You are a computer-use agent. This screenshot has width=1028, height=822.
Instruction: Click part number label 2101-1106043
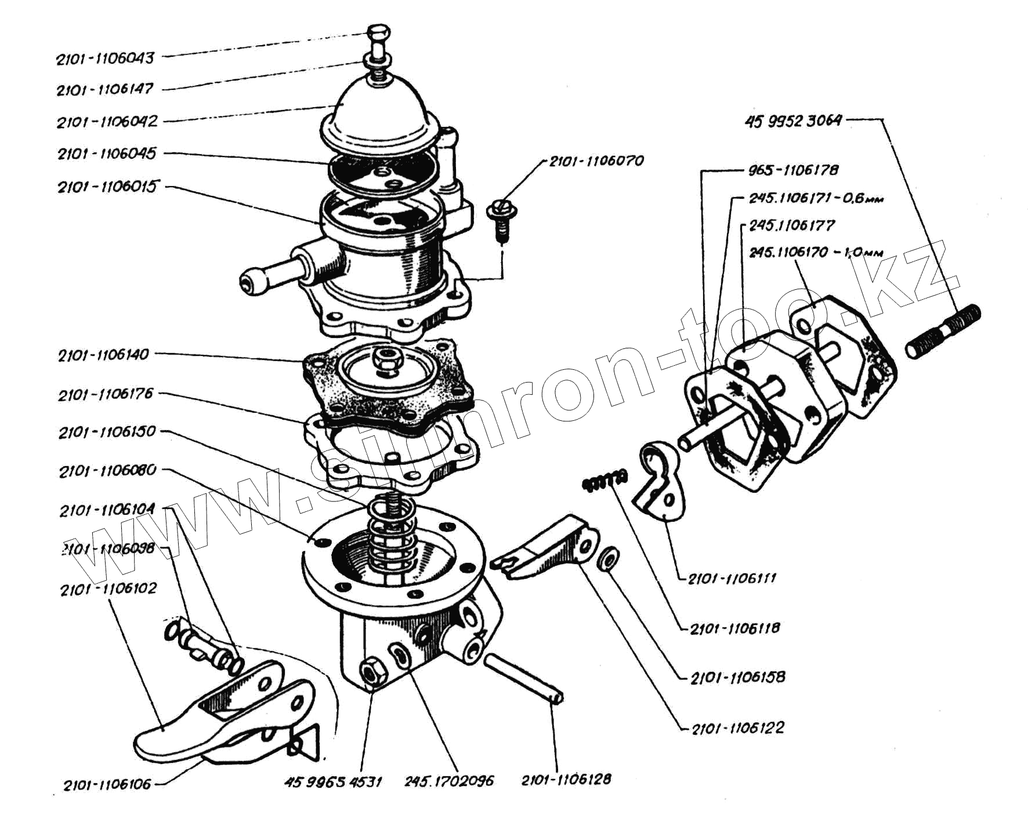click(106, 58)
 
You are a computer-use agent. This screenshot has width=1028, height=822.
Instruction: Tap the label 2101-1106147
click(105, 90)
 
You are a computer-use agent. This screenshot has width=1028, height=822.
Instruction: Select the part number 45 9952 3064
click(792, 121)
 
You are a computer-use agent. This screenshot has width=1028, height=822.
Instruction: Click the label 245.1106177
click(791, 225)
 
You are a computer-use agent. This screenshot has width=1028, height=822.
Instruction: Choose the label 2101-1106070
click(596, 161)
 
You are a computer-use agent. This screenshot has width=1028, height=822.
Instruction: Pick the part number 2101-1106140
click(104, 355)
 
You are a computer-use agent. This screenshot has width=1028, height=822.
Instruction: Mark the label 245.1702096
click(449, 781)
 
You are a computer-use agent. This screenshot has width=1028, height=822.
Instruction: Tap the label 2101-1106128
click(566, 780)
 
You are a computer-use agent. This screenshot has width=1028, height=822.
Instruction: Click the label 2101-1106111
click(732, 579)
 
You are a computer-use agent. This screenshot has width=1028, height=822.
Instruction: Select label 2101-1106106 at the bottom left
click(107, 785)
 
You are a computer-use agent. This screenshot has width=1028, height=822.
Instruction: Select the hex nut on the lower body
click(371, 674)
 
